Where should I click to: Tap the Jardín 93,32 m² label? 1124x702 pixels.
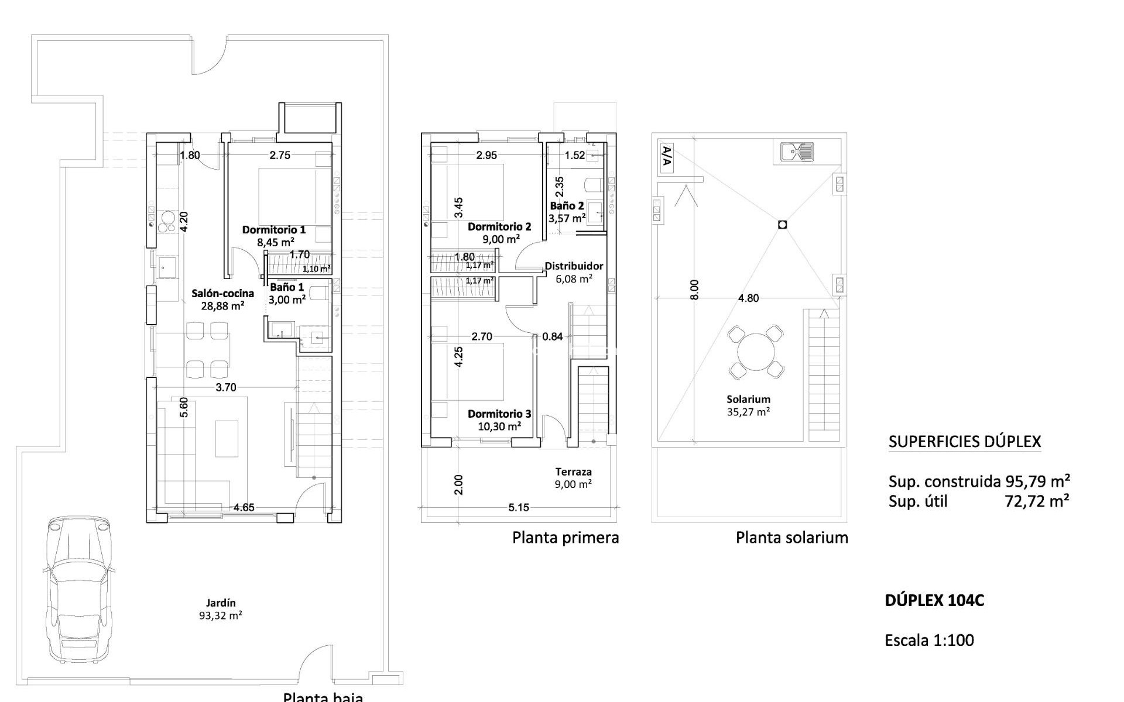[221, 609]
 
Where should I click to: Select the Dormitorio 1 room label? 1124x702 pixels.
[273, 235]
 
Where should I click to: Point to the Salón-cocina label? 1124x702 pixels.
[222, 299]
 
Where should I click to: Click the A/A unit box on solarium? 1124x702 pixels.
[666, 157]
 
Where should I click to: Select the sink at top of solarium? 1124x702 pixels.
[797, 152]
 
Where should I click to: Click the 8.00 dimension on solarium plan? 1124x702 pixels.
[694, 290]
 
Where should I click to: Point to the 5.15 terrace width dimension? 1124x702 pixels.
[519, 507]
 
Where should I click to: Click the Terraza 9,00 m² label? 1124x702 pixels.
[573, 477]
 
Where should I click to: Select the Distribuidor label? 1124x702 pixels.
[574, 272]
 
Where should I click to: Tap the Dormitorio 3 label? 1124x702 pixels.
[499, 420]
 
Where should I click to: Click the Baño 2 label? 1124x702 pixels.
[567, 212]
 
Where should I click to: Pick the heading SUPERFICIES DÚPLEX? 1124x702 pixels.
[964, 442]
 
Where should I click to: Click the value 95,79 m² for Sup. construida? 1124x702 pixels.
[1038, 481]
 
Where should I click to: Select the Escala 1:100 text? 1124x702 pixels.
[929, 640]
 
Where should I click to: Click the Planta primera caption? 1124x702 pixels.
[566, 537]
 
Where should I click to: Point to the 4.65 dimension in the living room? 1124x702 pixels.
[244, 507]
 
